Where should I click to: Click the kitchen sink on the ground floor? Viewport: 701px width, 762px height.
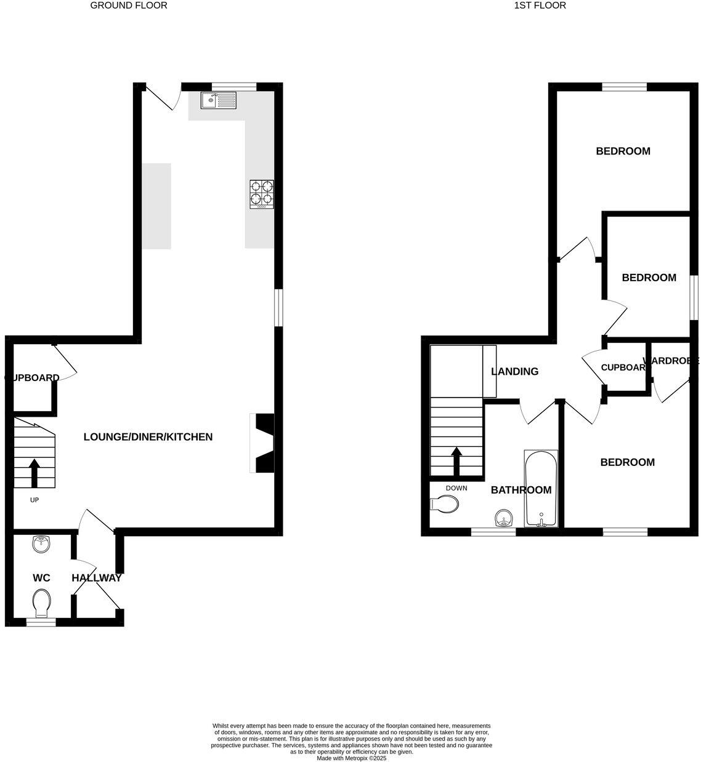pyautogui.click(x=218, y=99)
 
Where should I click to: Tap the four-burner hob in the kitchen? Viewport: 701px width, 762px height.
pyautogui.click(x=262, y=193)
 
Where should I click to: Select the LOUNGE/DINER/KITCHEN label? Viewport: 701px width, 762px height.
pyautogui.click(x=148, y=437)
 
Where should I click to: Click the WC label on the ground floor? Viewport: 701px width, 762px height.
pyautogui.click(x=41, y=578)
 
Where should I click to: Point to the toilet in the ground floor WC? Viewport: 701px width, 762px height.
pyautogui.click(x=42, y=603)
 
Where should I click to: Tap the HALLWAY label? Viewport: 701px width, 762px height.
pyautogui.click(x=97, y=578)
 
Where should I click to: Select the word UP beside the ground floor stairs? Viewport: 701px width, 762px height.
pyautogui.click(x=34, y=500)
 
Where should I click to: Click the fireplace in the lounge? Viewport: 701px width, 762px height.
pyautogui.click(x=263, y=443)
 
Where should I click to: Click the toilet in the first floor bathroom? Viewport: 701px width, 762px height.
pyautogui.click(x=445, y=504)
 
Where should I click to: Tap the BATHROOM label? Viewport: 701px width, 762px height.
pyautogui.click(x=521, y=490)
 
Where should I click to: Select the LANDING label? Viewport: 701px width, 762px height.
pyautogui.click(x=514, y=371)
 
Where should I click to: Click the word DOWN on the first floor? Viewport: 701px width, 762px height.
pyautogui.click(x=456, y=488)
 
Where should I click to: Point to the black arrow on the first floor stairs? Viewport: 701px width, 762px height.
pyautogui.click(x=456, y=460)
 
